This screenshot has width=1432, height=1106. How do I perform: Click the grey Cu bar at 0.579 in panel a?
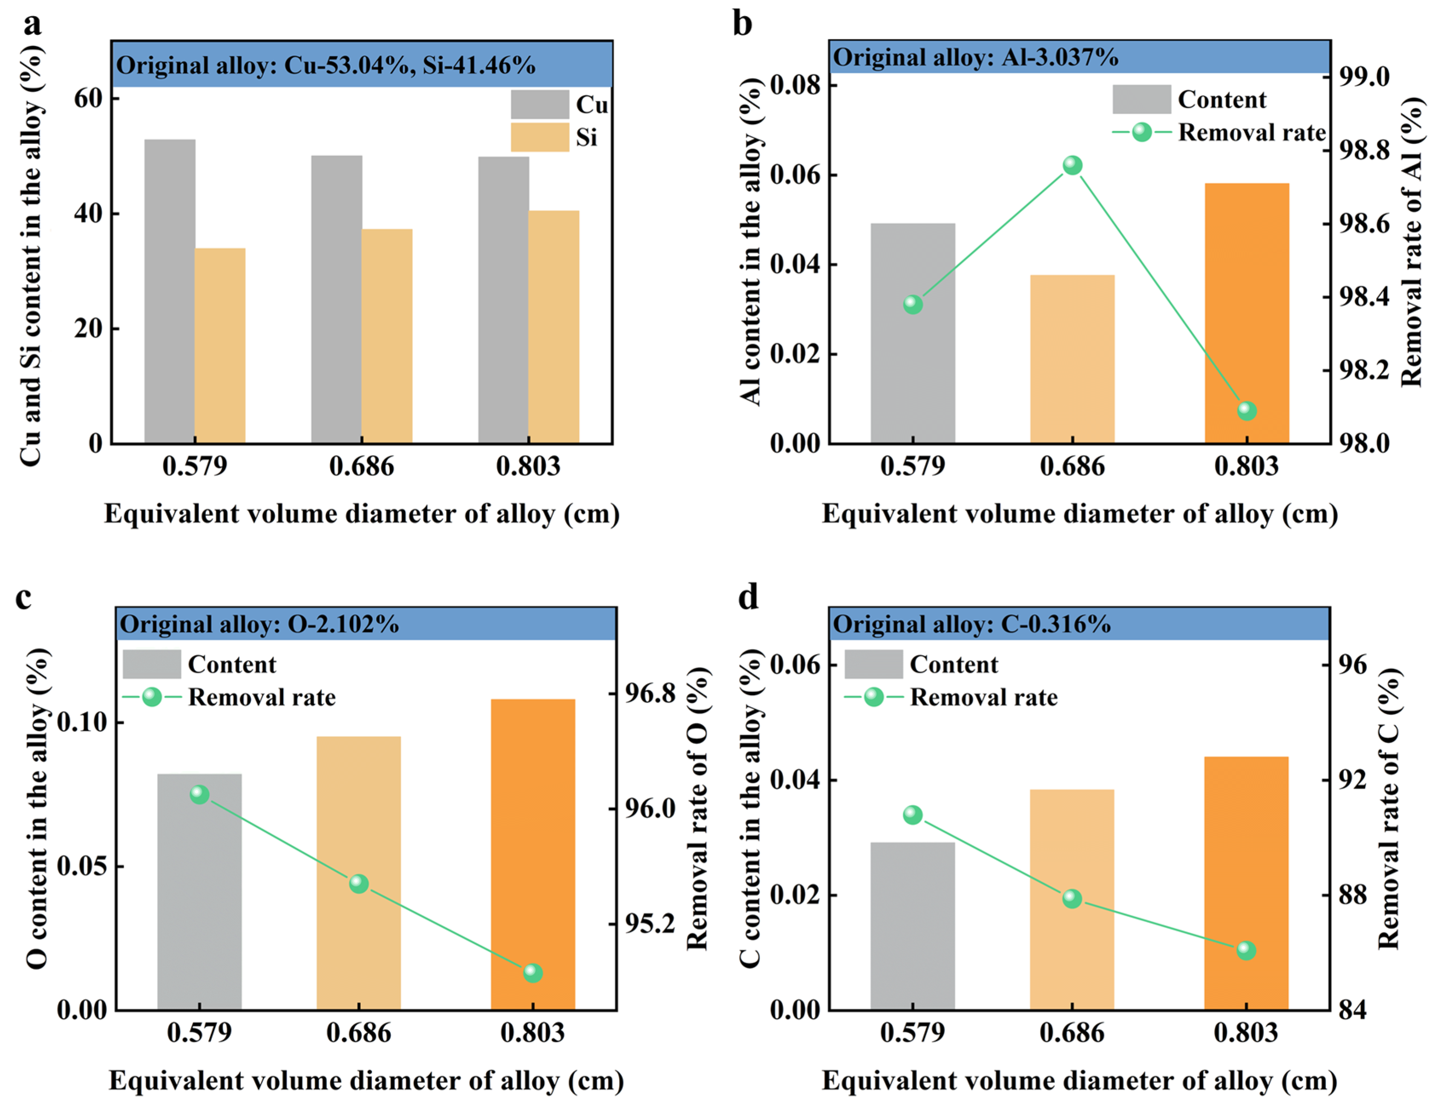[x=170, y=292]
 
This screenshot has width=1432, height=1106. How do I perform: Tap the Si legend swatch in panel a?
[x=540, y=137]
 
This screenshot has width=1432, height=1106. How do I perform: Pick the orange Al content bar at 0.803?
[x=1246, y=313]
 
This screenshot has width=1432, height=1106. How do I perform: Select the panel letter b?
[x=742, y=24]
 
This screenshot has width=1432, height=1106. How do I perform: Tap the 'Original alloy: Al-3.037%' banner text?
[x=976, y=57]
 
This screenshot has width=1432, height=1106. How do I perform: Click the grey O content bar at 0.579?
[x=199, y=892]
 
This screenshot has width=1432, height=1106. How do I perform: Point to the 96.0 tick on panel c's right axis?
[x=650, y=808]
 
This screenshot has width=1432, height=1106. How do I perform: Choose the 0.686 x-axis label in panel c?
[x=359, y=1033]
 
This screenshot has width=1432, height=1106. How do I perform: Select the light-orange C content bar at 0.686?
[x=1072, y=900]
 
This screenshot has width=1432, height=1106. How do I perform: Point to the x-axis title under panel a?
[x=362, y=514]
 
